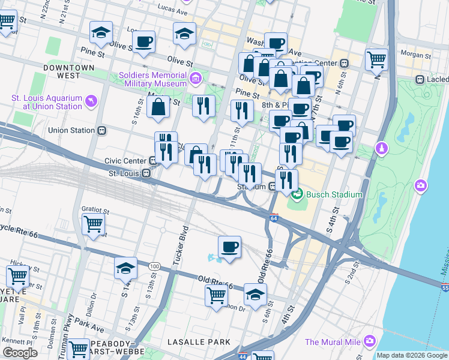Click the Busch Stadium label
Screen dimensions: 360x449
(334, 194)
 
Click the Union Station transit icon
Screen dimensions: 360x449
(102, 130)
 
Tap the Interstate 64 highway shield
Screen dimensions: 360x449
(274, 218)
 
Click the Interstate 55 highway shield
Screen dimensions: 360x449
(444, 289)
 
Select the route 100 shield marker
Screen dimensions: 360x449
(154, 266)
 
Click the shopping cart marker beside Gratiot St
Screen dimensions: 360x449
(94, 224)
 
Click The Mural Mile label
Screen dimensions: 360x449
(333, 342)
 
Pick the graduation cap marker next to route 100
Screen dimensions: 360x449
(126, 268)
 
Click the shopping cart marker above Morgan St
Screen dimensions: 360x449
(376, 59)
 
